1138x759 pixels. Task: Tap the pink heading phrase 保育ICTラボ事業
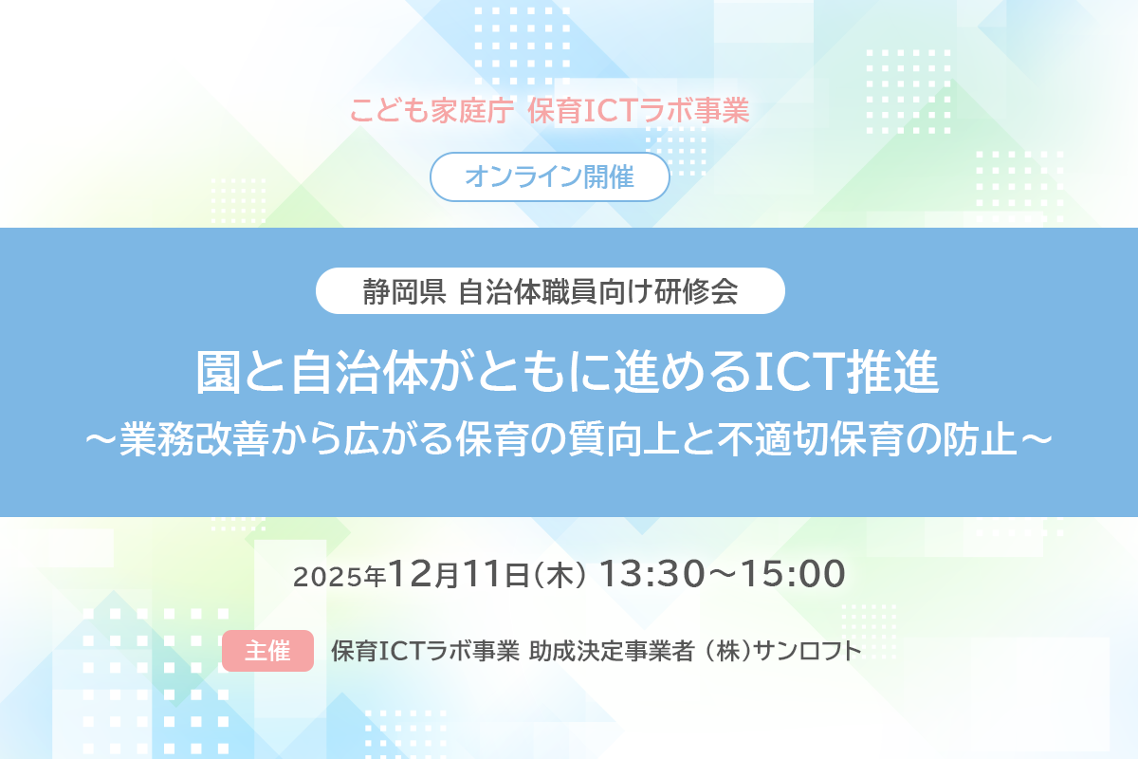[x=639, y=111]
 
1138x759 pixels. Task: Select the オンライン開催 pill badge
[x=550, y=176]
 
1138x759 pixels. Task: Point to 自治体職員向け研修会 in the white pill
[x=598, y=291]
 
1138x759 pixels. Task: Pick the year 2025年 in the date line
[x=339, y=576]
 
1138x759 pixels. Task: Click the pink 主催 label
[x=267, y=652]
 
